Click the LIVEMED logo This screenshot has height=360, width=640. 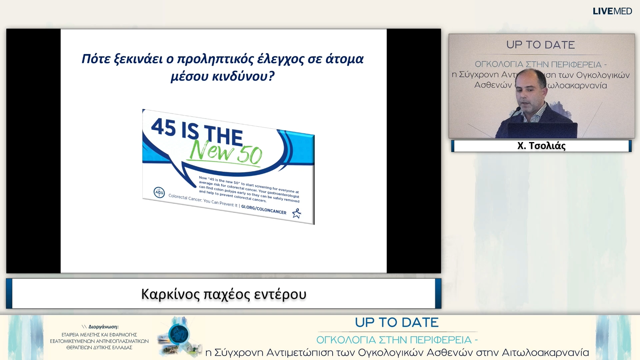click(612, 11)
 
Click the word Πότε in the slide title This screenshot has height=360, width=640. click(96, 59)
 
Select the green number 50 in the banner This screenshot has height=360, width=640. click(250, 155)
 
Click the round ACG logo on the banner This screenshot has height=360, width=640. click(159, 192)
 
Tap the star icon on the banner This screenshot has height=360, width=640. click(296, 213)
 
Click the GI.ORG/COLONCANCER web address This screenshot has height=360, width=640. click(264, 209)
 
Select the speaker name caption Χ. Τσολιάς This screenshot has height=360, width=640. click(541, 146)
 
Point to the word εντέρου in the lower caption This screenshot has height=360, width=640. click(280, 294)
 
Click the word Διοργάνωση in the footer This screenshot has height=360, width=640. click(103, 327)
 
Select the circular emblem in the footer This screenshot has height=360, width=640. click(179, 334)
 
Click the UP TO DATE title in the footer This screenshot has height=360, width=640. click(397, 322)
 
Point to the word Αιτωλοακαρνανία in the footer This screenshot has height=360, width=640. click(545, 352)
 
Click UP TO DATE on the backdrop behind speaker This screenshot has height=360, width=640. click(540, 45)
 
